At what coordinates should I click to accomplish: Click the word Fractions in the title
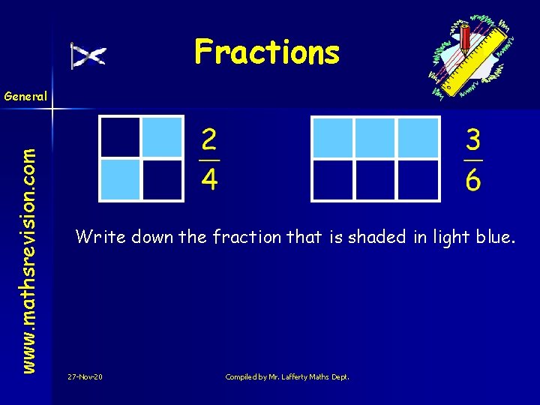click(x=267, y=52)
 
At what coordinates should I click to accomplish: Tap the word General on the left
click(x=25, y=96)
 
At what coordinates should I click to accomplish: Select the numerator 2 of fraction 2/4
click(x=209, y=140)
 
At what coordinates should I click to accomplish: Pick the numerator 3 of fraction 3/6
click(x=473, y=140)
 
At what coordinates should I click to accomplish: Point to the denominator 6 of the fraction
click(x=473, y=180)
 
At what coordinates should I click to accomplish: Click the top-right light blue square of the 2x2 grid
click(x=163, y=136)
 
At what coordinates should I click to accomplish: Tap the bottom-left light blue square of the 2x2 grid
click(x=121, y=180)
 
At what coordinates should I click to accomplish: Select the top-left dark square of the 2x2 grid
click(x=121, y=136)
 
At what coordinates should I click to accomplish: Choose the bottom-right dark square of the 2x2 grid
click(x=163, y=180)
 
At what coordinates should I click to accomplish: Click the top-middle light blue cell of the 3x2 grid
click(x=376, y=136)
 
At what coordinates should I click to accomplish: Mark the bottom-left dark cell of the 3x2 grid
click(x=333, y=180)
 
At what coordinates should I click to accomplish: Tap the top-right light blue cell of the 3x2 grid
click(x=418, y=136)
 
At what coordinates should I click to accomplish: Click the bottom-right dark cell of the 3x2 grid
click(x=418, y=180)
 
